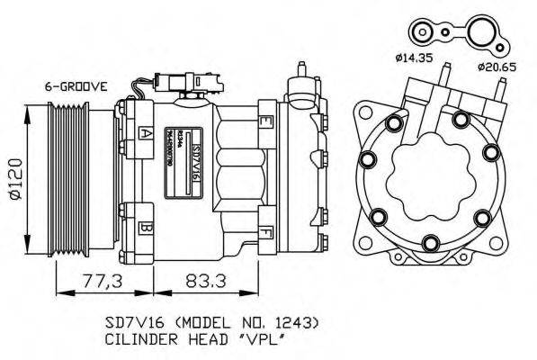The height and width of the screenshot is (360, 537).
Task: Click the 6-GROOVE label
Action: pyautogui.click(x=76, y=86)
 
